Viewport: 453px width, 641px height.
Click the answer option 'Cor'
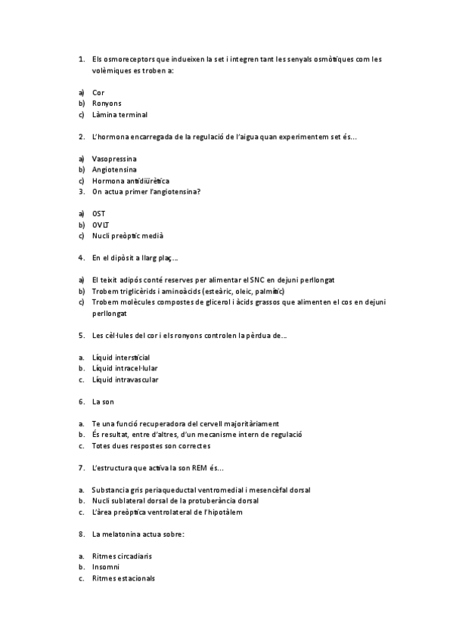coord(98,92)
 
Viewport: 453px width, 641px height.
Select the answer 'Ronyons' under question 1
coord(107,104)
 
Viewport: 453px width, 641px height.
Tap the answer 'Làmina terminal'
coord(119,115)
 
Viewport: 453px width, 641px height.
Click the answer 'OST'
coord(98,214)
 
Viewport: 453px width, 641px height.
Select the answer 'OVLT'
coord(101,225)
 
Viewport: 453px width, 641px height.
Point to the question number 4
coord(81,258)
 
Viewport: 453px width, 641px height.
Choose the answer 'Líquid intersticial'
coord(120,357)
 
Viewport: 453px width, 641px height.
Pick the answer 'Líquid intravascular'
coord(125,379)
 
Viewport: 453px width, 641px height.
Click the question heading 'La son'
coord(103,401)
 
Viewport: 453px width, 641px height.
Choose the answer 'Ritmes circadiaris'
coord(122,556)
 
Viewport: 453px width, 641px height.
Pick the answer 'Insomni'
coord(106,567)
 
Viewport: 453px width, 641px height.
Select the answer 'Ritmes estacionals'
coord(123,578)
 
